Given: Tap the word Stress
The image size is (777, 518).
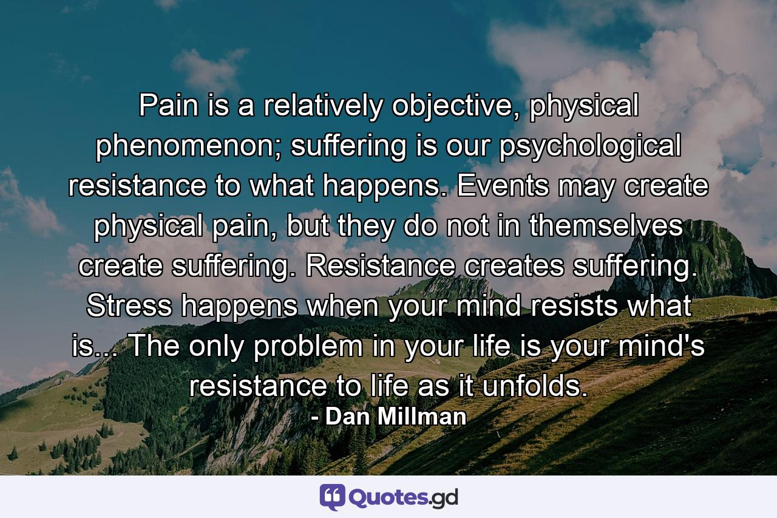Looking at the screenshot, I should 132,307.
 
